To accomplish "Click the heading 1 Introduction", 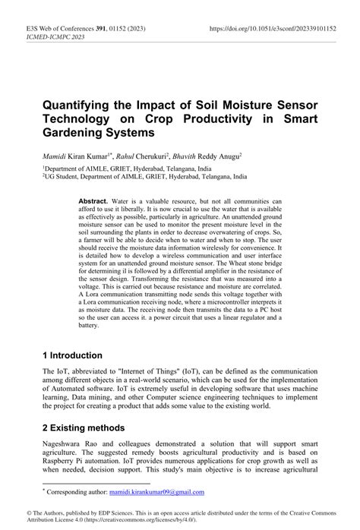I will pos(72,355).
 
